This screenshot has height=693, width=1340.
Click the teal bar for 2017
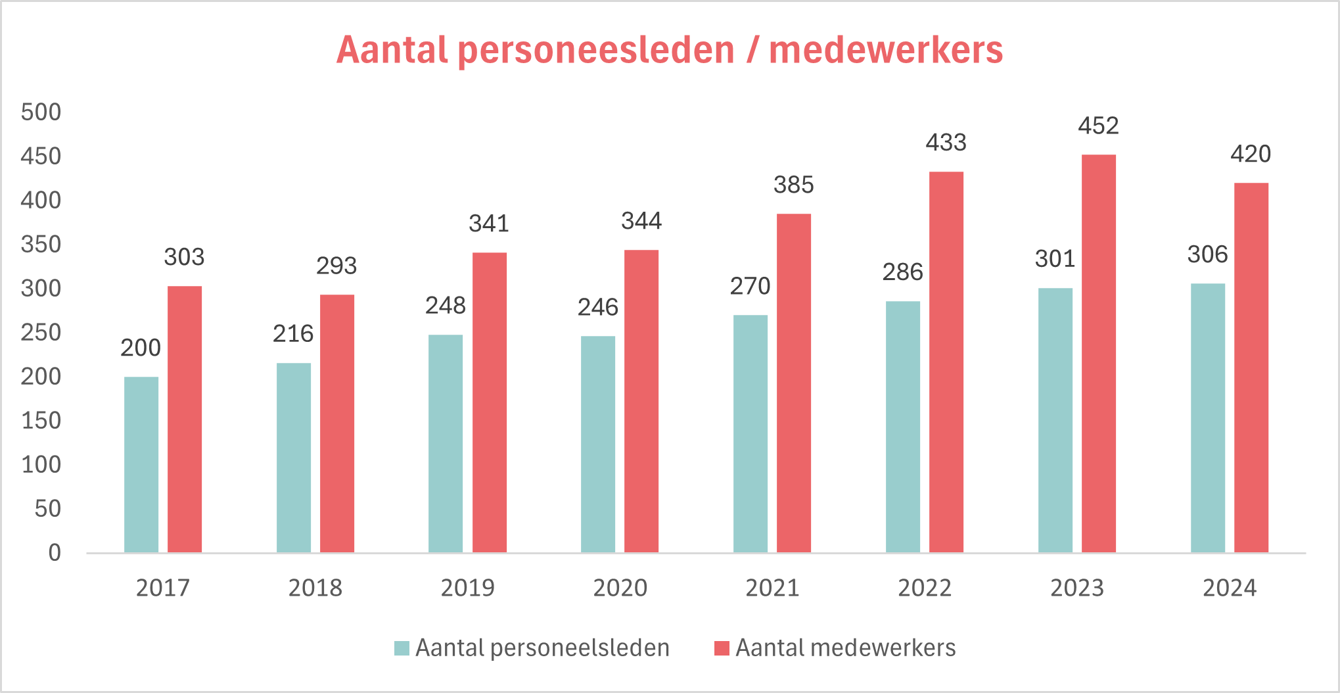pos(141,465)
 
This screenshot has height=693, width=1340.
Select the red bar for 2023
pos(1099,354)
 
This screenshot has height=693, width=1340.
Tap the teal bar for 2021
pos(751,434)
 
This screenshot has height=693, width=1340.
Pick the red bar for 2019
pos(490,402)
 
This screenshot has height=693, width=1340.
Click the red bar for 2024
pos(1251,368)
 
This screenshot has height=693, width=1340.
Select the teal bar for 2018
pos(294,458)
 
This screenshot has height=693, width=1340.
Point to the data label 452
pos(1098,126)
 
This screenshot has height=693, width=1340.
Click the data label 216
pos(293,333)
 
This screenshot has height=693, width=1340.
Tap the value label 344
pos(641,221)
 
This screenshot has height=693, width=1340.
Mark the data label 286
pos(902,272)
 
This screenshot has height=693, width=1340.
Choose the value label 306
pos(1207,254)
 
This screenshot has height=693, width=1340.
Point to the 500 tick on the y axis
pos(41,112)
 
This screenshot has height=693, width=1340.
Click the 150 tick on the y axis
pos(41,420)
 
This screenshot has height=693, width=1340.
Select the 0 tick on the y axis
pos(55,552)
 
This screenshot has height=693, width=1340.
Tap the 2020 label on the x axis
pos(620,588)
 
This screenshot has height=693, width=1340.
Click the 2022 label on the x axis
pos(925,588)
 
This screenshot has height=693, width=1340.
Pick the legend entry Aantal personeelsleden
pos(532,648)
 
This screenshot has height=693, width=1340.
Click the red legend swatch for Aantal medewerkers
pos(722,648)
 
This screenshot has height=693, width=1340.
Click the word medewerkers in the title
pos(886,50)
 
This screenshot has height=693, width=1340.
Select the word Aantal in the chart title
pos(392,50)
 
